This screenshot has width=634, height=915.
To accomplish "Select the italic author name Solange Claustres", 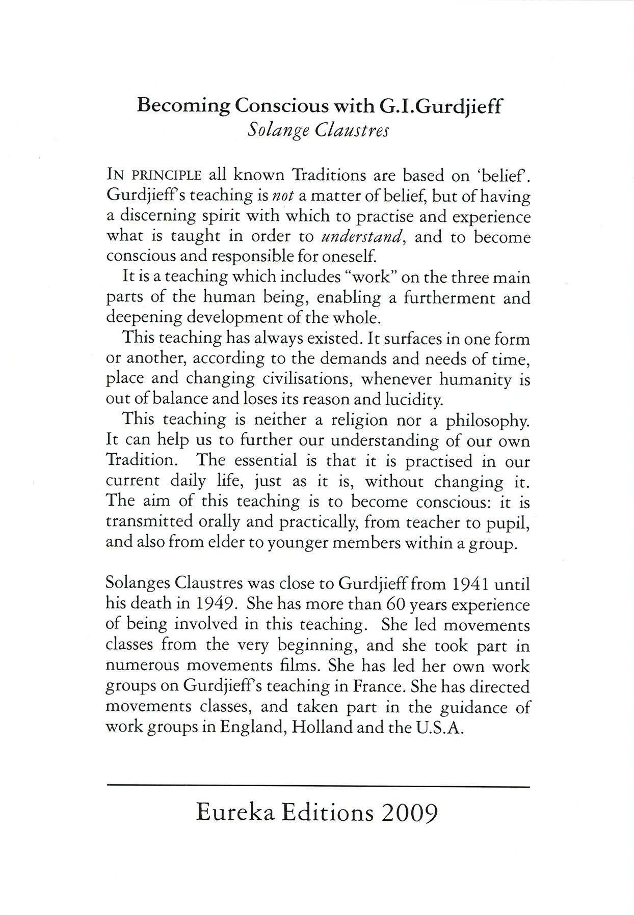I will pyautogui.click(x=318, y=131).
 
